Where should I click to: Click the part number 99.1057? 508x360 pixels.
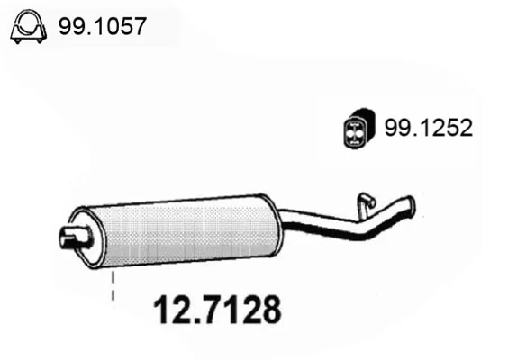pos(103,26)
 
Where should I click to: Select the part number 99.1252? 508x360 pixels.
pos(429,128)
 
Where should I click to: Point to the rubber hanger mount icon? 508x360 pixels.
pos(359,130)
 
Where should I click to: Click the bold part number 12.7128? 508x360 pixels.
pos(217,310)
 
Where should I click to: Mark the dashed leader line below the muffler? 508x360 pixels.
pos(113,285)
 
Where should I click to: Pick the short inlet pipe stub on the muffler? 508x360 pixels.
pos(75,237)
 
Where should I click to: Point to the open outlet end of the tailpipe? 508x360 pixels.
pos(412,206)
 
